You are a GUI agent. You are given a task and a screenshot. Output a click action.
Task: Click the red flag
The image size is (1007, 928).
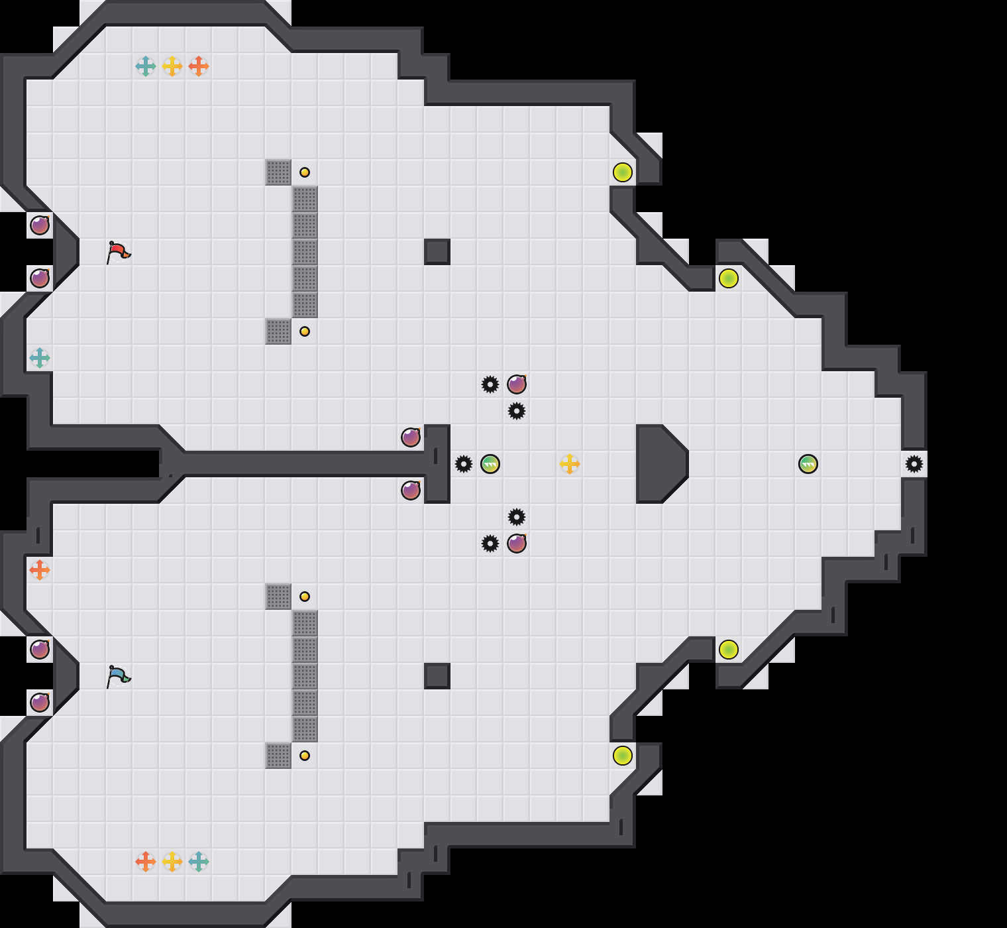(x=118, y=252)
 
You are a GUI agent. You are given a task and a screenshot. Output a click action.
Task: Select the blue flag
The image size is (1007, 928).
(x=118, y=676)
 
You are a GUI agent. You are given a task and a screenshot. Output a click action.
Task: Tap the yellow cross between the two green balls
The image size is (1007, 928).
(x=570, y=464)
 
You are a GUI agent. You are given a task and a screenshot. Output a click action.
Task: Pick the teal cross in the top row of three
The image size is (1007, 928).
(x=146, y=66)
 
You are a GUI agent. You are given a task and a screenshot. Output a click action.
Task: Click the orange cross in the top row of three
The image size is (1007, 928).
(x=199, y=66)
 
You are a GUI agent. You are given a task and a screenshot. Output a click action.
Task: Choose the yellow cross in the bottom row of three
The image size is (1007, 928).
(x=172, y=862)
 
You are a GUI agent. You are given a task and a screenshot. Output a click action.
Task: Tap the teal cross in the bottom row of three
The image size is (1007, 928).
(x=199, y=862)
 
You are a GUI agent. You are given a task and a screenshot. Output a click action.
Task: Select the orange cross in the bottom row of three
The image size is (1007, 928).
(x=146, y=862)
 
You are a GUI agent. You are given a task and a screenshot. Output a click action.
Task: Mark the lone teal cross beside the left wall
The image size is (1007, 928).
(x=40, y=358)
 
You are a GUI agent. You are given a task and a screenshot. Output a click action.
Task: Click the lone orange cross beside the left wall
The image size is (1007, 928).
(x=40, y=570)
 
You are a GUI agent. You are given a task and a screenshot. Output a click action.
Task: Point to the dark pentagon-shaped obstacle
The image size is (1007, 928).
(x=659, y=464)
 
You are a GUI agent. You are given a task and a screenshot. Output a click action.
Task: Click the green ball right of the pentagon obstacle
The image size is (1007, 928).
(x=808, y=464)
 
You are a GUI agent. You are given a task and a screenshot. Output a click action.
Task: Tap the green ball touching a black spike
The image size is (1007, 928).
(x=490, y=464)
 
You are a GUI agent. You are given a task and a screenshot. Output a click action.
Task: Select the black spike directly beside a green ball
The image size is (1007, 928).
(x=464, y=464)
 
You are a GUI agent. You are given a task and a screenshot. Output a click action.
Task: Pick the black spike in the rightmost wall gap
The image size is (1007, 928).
(x=914, y=464)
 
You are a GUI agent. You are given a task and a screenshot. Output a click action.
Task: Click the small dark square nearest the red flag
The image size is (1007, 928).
(x=437, y=252)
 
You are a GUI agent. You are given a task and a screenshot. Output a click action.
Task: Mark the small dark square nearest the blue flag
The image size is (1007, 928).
(x=437, y=676)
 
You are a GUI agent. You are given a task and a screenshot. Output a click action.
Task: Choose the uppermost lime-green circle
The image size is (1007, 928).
(x=623, y=172)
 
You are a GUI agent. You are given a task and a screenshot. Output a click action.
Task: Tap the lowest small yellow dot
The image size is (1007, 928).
(x=305, y=756)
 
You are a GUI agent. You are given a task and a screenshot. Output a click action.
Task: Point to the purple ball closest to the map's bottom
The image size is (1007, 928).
(x=40, y=703)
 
